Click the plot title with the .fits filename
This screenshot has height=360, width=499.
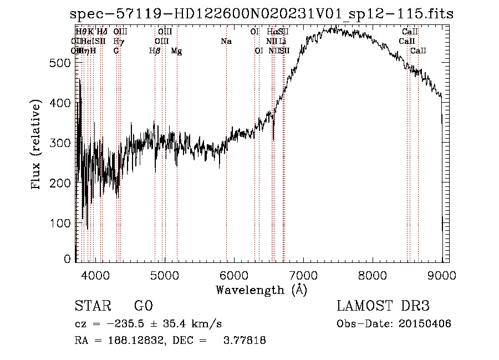(x=263, y=14)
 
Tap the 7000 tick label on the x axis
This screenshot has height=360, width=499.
(x=303, y=275)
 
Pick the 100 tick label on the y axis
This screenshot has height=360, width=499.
(x=60, y=223)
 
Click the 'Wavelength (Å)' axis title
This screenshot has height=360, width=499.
(x=261, y=289)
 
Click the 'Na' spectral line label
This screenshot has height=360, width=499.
(x=226, y=42)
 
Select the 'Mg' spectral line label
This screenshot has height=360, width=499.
(x=176, y=51)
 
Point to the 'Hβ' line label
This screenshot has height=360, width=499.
(x=155, y=51)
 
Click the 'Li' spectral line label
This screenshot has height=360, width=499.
(x=283, y=42)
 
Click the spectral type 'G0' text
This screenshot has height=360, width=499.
(x=143, y=307)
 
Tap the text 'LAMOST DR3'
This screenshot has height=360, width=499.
(x=383, y=307)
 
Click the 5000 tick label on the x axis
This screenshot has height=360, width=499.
(x=164, y=275)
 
